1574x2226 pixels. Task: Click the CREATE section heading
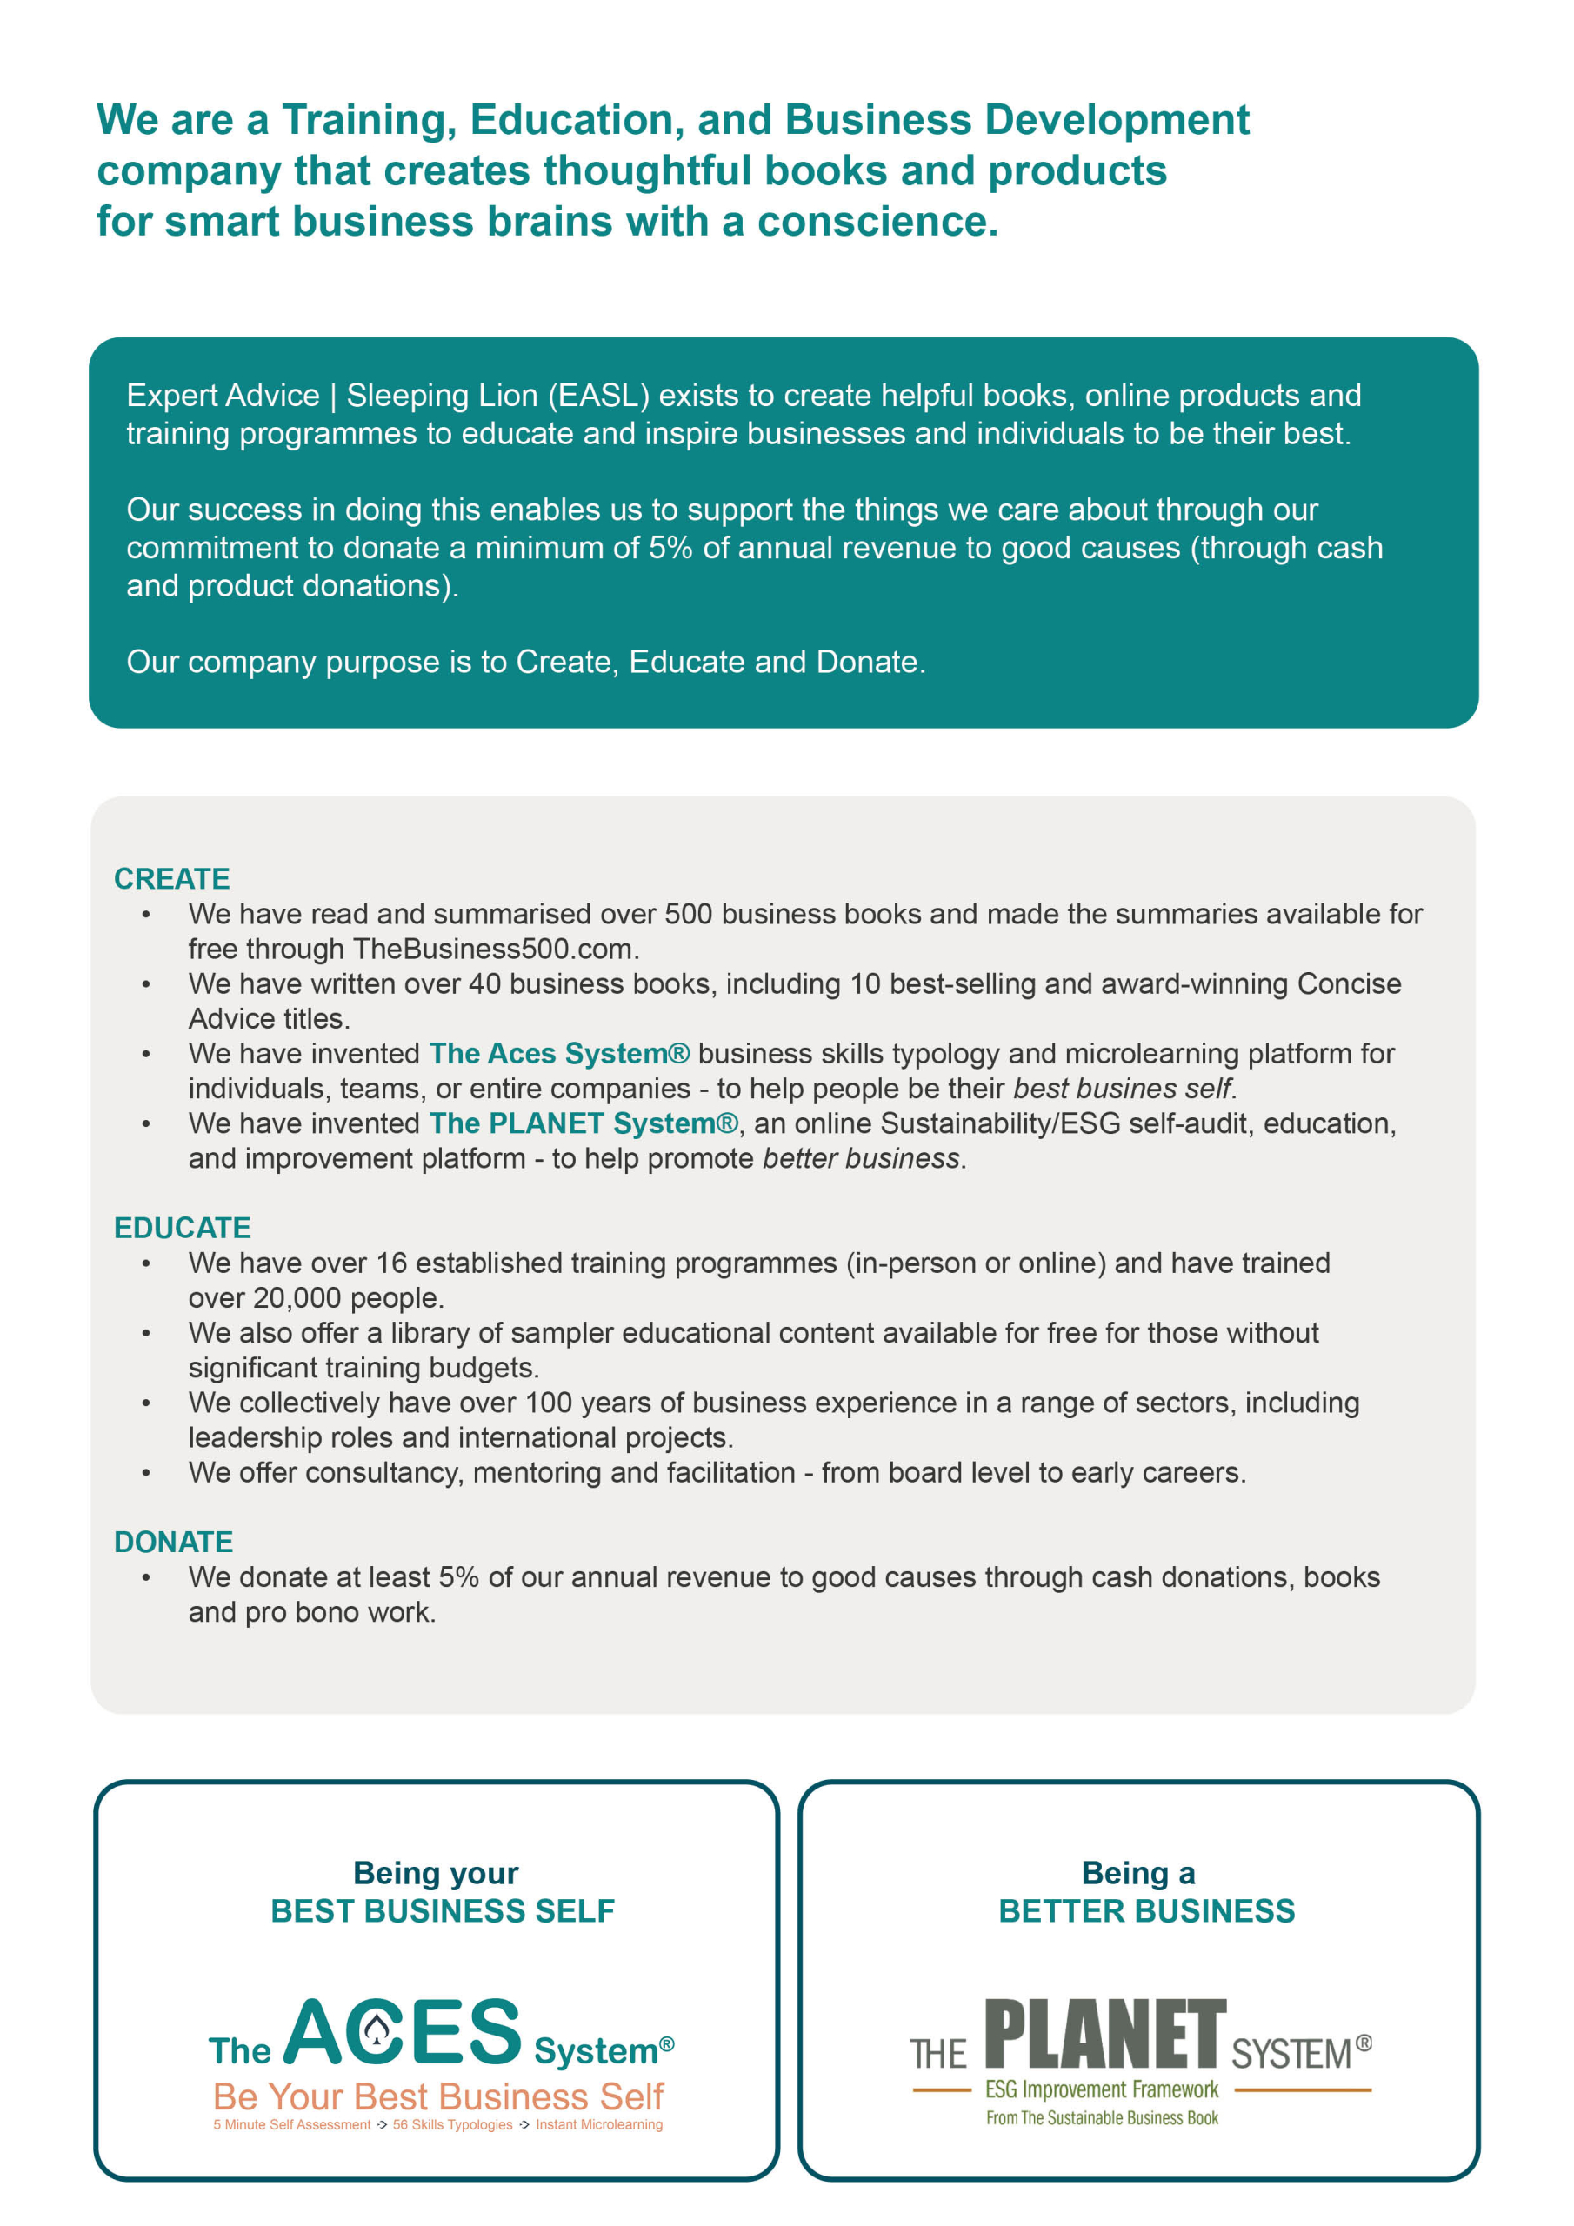[x=171, y=878]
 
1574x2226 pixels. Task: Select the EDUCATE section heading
[x=183, y=1228]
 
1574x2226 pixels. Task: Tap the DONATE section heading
[x=174, y=1542]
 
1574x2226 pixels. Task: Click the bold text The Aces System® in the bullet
[x=559, y=1054]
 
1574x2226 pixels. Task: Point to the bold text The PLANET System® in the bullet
[x=584, y=1123]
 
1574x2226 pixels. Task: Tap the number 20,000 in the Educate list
[x=297, y=1298]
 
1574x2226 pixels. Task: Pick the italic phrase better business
[x=861, y=1158]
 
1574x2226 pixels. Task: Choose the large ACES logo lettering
[x=403, y=2032]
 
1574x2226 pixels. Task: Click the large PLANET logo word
[x=1105, y=2035]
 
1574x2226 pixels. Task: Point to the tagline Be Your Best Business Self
[x=438, y=2097]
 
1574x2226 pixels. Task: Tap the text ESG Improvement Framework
[x=1102, y=2089]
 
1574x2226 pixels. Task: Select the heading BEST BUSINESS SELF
[x=443, y=1911]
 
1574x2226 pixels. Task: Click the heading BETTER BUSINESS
[x=1146, y=1911]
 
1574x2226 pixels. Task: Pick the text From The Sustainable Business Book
[x=1102, y=2118]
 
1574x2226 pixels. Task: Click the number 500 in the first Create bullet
[x=688, y=914]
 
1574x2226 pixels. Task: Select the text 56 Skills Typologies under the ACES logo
[x=452, y=2125]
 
